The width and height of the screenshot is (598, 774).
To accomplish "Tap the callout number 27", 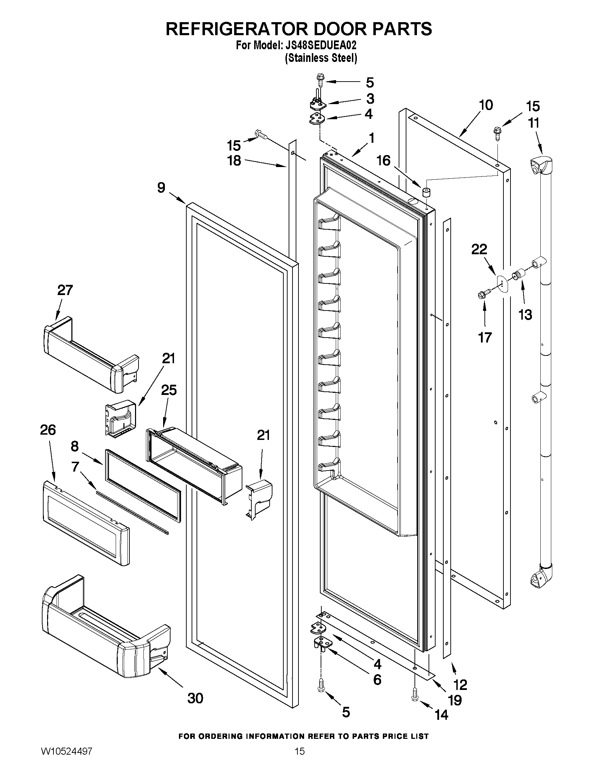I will tap(65, 290).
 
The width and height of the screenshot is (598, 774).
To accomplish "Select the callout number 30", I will tap(195, 698).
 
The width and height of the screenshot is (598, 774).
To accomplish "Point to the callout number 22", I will tap(479, 249).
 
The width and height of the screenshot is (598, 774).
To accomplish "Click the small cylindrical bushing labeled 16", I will tap(426, 192).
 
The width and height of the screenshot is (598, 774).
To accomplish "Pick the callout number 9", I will tap(161, 187).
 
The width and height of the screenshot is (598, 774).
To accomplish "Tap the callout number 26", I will tap(48, 430).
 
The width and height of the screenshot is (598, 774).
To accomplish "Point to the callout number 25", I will tap(169, 390).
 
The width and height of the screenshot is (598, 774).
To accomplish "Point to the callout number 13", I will tap(525, 314).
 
